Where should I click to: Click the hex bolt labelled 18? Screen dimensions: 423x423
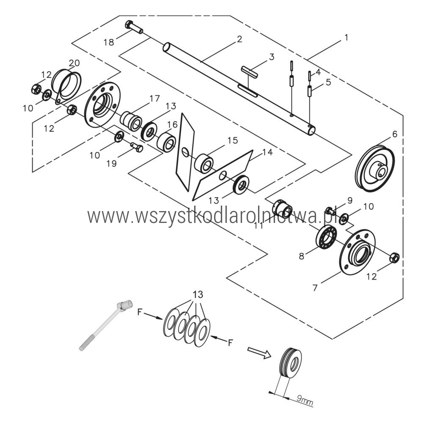134,27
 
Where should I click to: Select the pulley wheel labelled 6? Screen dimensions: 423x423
376,168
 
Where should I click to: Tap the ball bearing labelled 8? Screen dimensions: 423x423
327,236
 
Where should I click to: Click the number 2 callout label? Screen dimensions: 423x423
239,39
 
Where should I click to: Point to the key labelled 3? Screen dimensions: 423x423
250,71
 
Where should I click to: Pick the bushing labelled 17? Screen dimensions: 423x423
131,121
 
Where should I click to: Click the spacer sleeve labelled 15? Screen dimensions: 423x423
204,163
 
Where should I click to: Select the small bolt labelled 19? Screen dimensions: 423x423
137,147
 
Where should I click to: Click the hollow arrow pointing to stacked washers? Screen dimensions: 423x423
259,353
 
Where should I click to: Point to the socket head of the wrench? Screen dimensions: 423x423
126,305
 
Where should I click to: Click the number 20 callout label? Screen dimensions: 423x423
74,63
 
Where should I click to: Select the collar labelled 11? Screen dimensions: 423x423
282,209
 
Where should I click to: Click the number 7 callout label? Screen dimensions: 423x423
315,288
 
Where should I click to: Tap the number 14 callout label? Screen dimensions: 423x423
267,152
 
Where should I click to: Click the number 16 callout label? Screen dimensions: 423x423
172,125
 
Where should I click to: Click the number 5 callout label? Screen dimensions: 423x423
328,82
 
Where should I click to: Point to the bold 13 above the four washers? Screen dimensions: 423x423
198,294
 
